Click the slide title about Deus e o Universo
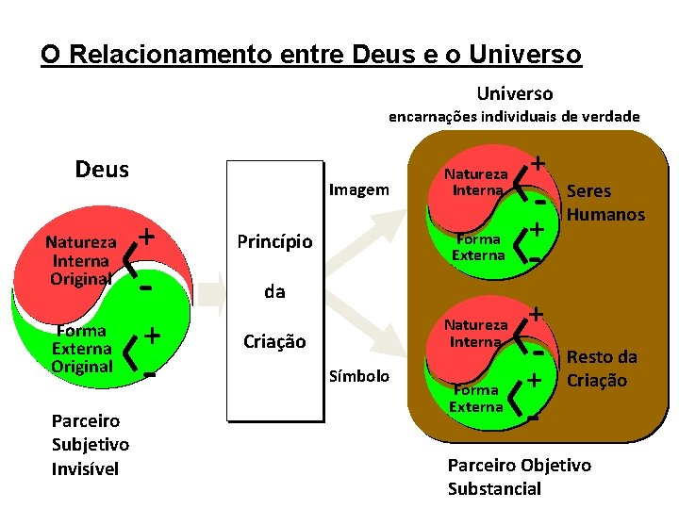(x=311, y=54)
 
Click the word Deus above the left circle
(x=102, y=170)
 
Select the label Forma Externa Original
(x=82, y=348)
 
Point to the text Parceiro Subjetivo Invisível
(x=91, y=443)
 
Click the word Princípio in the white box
(x=274, y=241)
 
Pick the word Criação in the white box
(x=274, y=341)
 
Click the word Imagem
(x=358, y=189)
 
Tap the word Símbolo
(x=358, y=376)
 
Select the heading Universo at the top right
(x=515, y=92)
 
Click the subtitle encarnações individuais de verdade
(x=515, y=117)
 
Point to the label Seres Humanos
(x=604, y=203)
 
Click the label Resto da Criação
(x=602, y=369)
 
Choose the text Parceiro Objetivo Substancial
(x=519, y=476)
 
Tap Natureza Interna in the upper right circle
(x=477, y=182)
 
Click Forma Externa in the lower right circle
(x=476, y=398)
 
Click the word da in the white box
(x=274, y=291)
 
